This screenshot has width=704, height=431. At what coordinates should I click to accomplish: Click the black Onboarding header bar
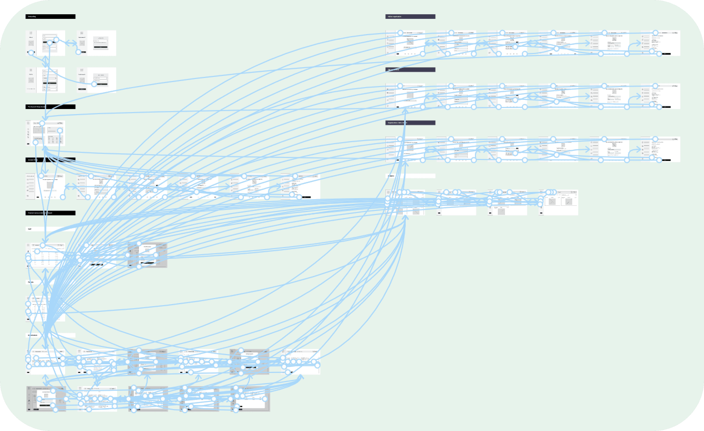pyautogui.click(x=50, y=17)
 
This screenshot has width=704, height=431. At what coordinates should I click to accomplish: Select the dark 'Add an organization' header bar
pyautogui.click(x=410, y=17)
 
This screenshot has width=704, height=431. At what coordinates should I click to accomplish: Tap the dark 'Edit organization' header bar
pyautogui.click(x=410, y=70)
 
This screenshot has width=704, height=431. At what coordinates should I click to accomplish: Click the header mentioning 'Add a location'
pyautogui.click(x=410, y=123)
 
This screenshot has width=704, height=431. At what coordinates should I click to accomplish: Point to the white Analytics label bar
pyautogui.click(x=410, y=176)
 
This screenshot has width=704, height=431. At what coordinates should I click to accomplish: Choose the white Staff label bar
pyautogui.click(x=50, y=229)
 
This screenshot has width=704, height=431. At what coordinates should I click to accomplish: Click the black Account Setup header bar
pyautogui.click(x=50, y=160)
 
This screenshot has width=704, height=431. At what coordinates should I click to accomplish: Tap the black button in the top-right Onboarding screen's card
pyautogui.click(x=101, y=47)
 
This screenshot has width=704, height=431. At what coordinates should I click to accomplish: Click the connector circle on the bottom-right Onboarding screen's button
pyautogui.click(x=94, y=84)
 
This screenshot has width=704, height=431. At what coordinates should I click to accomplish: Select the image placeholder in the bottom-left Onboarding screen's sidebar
pyautogui.click(x=31, y=80)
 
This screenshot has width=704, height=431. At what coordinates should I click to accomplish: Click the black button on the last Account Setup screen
pyautogui.click(x=306, y=197)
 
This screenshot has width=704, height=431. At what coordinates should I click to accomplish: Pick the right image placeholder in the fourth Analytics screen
pyautogui.click(x=568, y=202)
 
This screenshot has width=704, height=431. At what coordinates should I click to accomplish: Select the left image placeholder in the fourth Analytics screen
pyautogui.click(x=552, y=202)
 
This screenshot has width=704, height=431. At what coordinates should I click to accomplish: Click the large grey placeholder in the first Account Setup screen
pyautogui.click(x=50, y=185)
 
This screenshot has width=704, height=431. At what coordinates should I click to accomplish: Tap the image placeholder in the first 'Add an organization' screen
pyautogui.click(x=410, y=41)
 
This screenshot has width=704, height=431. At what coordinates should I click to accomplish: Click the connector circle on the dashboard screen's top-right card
pyautogui.click(x=60, y=131)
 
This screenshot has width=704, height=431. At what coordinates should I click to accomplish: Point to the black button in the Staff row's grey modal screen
pyautogui.click(x=147, y=263)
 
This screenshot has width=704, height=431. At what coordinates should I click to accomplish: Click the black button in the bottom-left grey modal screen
pyautogui.click(x=46, y=405)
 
